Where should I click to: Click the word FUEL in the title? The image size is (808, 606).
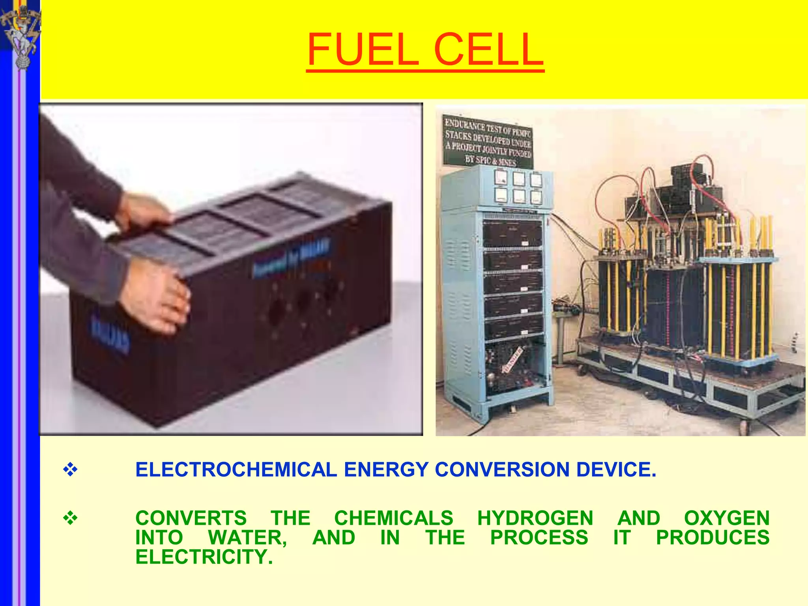362,50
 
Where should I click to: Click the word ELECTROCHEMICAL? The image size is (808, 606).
236,469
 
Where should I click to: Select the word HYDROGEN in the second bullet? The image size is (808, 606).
535,518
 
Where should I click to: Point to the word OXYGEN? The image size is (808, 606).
727,518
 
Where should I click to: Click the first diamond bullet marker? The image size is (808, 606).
70,469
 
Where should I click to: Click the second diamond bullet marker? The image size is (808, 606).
70,518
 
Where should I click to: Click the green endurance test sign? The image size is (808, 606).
488,141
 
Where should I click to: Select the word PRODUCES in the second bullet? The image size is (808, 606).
713,537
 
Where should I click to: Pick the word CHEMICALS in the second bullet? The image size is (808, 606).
394,518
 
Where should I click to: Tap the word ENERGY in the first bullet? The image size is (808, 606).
386,469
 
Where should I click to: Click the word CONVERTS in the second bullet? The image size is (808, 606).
191,518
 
